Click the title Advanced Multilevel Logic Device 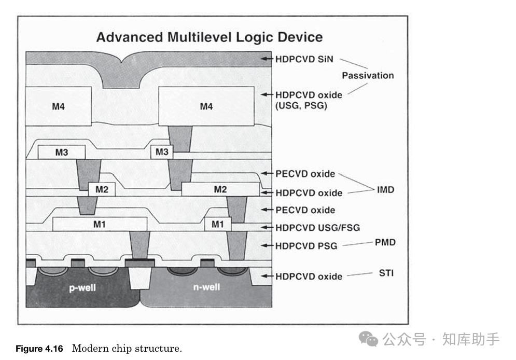click(209, 37)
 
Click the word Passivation click(368, 75)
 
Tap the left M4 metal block click(58, 106)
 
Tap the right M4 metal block click(206, 106)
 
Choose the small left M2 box click(102, 189)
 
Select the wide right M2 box click(220, 189)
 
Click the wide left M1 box click(100, 224)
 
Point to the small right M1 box click(218, 224)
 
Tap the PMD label click(385, 242)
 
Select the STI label click(386, 272)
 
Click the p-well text click(83, 287)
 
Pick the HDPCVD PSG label click(306, 245)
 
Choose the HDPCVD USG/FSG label click(317, 228)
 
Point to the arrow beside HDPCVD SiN click(267, 59)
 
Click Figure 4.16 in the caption click(39, 348)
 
